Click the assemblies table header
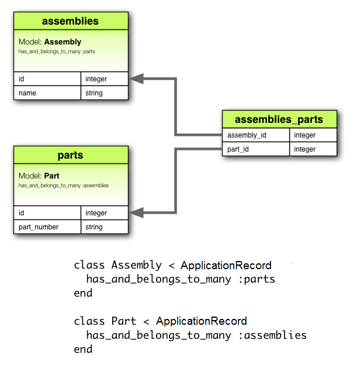coord(71,22)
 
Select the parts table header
coord(71,156)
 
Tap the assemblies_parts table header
coord(279,119)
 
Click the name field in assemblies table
coord(47,93)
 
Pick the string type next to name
coord(104,93)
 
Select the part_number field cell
coord(47,227)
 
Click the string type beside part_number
coord(104,227)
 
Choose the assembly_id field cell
coord(255,135)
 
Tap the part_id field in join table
coord(255,149)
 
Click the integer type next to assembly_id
coord(313,135)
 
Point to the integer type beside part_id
coord(313,149)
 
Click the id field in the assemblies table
coord(47,79)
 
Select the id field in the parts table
coord(47,213)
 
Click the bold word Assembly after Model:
coord(63,42)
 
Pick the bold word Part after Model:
coord(51,176)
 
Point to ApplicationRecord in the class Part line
coord(202,321)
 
